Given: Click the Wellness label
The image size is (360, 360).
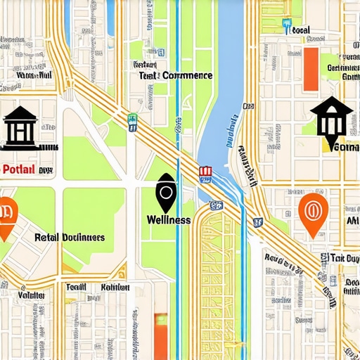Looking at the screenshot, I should tap(168, 219).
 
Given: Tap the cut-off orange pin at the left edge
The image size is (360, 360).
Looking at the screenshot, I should tap(6, 215).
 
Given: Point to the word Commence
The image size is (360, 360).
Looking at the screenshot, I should tap(187, 75).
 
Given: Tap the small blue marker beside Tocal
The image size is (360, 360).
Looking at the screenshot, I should tap(286, 27).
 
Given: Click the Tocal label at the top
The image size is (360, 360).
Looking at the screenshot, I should tap(301, 31).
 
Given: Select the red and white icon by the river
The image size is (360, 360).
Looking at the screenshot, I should tap(205, 172).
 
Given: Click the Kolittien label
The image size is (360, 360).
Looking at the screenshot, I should tap(115, 288).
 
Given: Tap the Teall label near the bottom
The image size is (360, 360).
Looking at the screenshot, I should tap(75, 288).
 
